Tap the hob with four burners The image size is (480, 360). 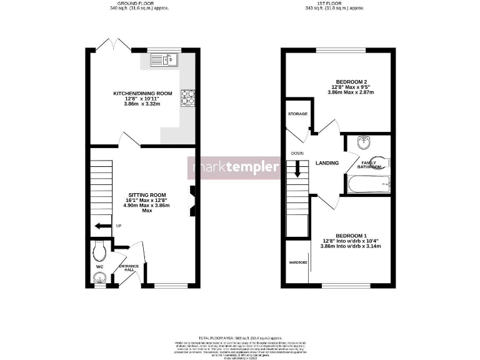pos(187,98)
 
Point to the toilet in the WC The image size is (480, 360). pos(98,252)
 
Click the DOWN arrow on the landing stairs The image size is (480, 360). pos(298,169)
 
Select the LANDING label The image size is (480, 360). pos(327,163)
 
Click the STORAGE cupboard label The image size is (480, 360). pos(297,114)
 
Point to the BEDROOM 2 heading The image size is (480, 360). pos(351,81)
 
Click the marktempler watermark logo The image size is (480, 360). pos(235,167)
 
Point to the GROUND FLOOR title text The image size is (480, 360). pos(136,4)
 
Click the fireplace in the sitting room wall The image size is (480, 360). pos(192,202)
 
